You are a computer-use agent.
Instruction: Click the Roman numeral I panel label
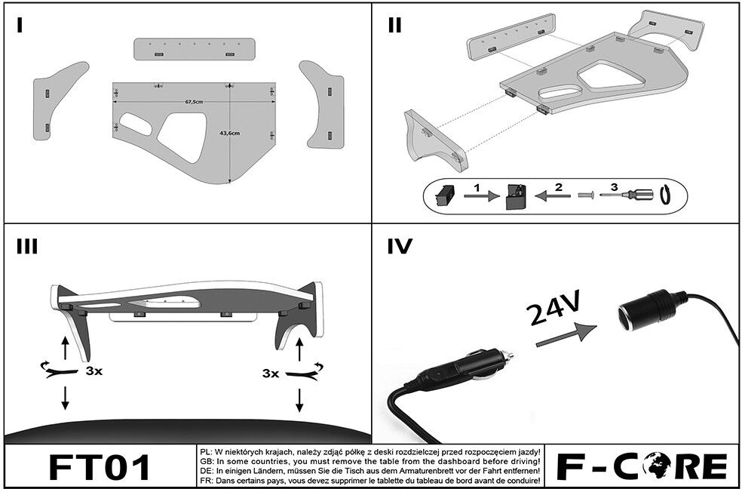[20, 25]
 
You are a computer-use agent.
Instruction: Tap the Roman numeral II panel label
[394, 25]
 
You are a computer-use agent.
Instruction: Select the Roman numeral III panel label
[27, 246]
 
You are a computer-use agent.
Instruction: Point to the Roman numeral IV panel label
[400, 246]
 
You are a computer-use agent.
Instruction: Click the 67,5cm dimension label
[194, 102]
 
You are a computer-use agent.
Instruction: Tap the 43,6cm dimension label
[229, 133]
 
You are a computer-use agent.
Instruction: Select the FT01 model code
[100, 467]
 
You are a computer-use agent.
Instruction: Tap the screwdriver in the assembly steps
[627, 195]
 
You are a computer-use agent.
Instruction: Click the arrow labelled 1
[481, 195]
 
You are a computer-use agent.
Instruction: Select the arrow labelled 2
[552, 195]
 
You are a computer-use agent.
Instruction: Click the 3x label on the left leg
[94, 371]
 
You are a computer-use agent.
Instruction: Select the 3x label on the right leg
[270, 374]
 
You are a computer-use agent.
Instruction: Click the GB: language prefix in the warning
[207, 461]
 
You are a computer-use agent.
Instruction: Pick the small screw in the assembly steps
[586, 195]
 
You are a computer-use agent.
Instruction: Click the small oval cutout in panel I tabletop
[136, 124]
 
